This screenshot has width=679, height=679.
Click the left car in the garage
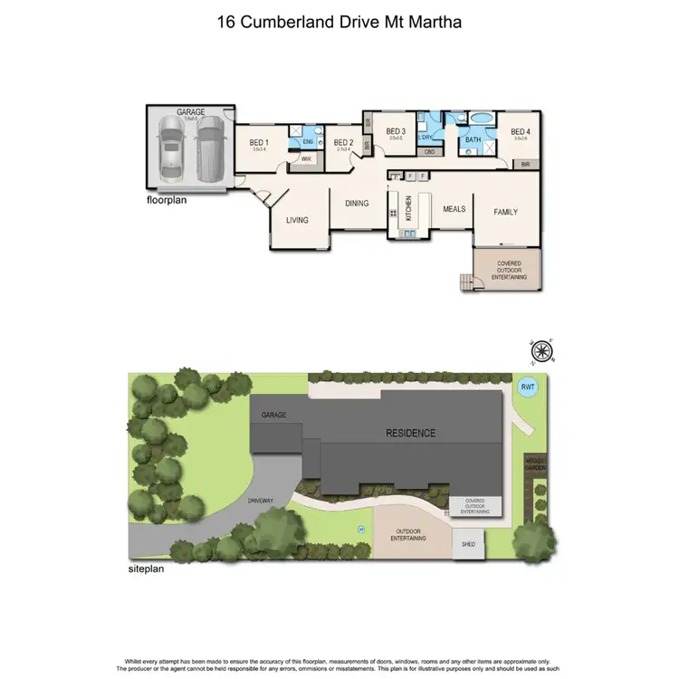(x=170, y=148)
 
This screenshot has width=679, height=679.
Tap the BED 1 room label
(x=259, y=142)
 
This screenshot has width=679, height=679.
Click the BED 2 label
(x=342, y=142)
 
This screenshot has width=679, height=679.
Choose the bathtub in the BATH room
(x=481, y=118)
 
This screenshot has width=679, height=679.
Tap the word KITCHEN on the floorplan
(x=408, y=209)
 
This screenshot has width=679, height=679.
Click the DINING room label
(x=358, y=204)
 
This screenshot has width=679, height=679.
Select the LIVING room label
(x=297, y=220)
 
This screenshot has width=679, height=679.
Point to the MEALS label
(x=454, y=209)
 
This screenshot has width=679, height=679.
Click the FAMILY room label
(x=505, y=212)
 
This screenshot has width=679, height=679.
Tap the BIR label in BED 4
(x=526, y=165)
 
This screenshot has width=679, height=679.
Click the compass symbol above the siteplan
(x=541, y=349)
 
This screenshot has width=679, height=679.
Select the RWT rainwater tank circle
(x=527, y=387)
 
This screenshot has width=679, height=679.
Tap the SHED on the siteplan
(x=468, y=544)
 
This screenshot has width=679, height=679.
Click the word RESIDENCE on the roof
(x=412, y=433)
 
